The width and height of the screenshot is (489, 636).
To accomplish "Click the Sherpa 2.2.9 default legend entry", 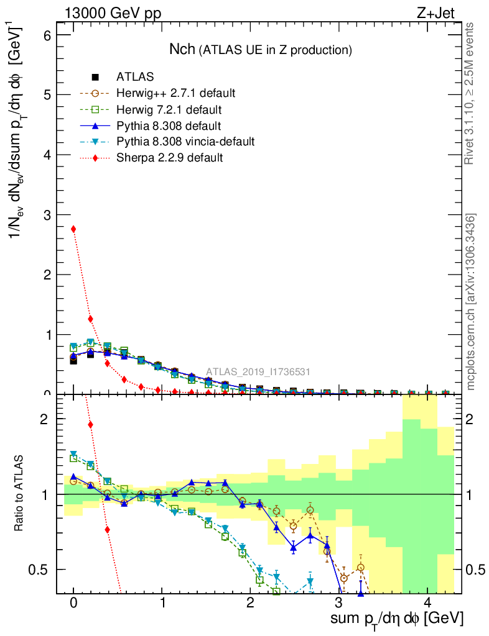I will coord(169,158).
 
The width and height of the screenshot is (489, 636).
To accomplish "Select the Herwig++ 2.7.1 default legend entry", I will coord(175,93).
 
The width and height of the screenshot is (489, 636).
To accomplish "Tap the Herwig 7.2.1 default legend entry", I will coord(170,109).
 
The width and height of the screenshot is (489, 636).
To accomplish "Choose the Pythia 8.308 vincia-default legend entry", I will coord(185,142).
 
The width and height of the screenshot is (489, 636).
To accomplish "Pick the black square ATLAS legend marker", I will coord(95,77).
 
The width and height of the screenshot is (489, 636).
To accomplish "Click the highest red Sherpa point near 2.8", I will coord(73,229).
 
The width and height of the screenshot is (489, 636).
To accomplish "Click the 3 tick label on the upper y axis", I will coord(47,215).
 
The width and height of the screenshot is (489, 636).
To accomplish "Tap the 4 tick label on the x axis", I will coord(427,603).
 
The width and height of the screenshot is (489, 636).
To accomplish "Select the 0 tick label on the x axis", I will coord(73,603).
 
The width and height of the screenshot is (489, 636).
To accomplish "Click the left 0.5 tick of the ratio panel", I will coord(44,570).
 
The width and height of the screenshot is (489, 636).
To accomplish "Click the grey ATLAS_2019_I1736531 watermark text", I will coord(258,372).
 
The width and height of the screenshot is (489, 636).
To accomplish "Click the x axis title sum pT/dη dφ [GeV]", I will coord(397,619).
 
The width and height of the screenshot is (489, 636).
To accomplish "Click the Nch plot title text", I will coord(261,49).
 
